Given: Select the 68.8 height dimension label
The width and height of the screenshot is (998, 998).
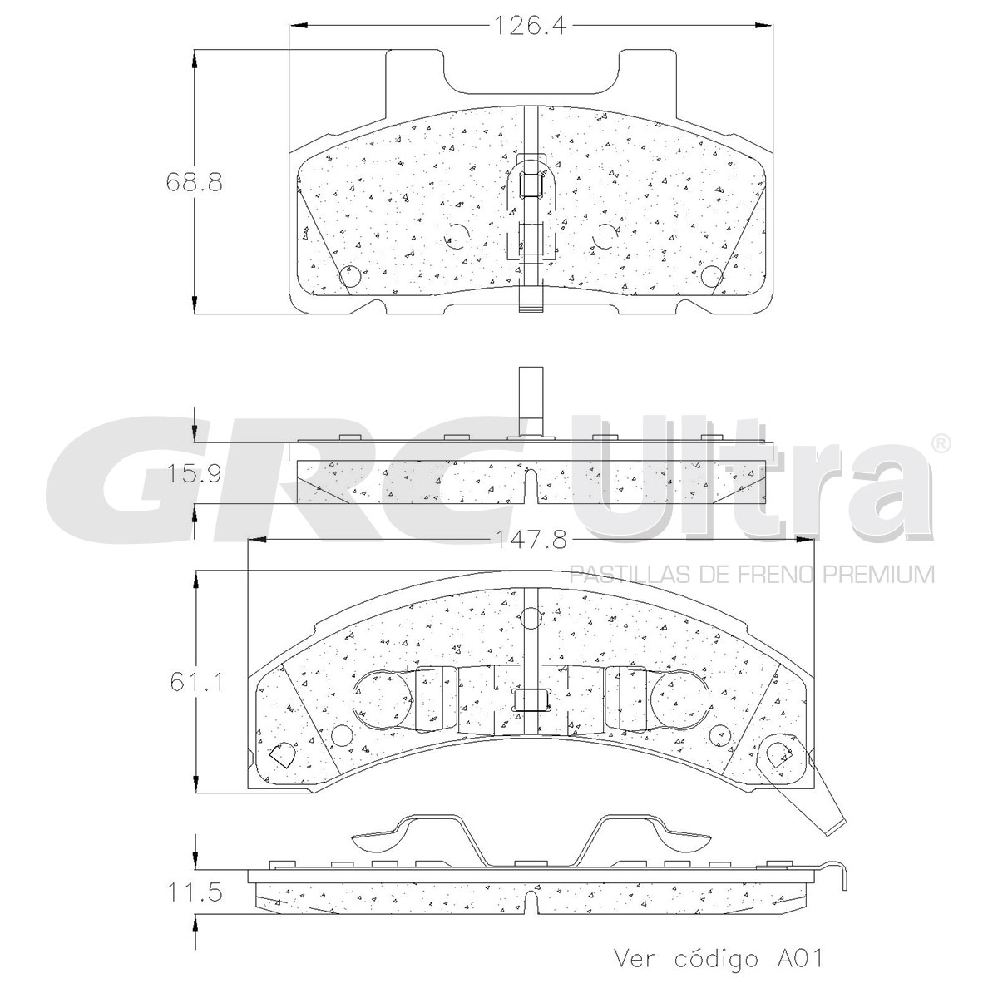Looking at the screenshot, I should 194,182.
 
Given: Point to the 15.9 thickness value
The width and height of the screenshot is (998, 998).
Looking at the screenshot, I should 193,475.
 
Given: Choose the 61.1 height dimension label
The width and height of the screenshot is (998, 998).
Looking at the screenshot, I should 194,683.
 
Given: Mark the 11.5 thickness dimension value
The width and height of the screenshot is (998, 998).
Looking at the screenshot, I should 194,894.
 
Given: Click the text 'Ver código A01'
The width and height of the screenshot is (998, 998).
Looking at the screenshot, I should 717,958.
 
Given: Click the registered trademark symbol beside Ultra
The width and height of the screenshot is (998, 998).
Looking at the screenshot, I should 940,443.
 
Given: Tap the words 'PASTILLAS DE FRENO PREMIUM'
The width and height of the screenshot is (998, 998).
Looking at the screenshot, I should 751,574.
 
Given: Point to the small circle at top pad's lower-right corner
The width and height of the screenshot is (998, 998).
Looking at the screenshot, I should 712,276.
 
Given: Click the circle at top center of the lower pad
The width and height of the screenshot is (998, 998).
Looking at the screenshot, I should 530,619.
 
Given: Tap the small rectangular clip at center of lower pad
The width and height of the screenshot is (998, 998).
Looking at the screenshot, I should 531,700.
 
